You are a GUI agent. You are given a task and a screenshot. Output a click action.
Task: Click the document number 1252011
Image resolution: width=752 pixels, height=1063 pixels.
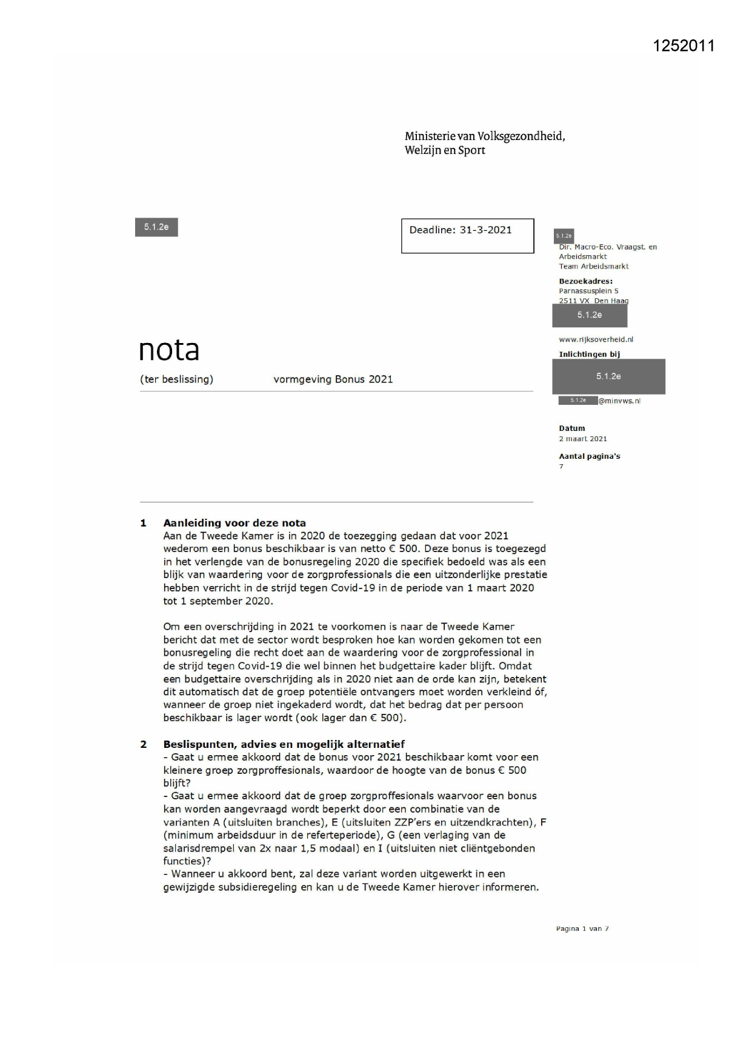point(684,46)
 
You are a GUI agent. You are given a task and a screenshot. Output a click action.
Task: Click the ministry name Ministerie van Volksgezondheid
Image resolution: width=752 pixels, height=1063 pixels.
point(485,136)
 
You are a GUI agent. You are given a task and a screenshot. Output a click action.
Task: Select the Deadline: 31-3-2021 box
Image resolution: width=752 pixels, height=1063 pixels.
point(467,236)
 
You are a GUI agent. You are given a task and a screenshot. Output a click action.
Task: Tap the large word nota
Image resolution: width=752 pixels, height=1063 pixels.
point(169,350)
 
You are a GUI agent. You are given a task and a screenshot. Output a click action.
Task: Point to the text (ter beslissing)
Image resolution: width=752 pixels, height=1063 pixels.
point(176,379)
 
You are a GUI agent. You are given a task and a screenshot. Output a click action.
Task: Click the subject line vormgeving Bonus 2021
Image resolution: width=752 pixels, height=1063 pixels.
point(333,379)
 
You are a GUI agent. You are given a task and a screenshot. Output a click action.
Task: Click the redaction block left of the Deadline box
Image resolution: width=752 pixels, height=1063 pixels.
point(156,227)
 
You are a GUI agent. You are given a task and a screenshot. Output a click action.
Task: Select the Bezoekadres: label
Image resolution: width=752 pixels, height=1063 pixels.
point(585,281)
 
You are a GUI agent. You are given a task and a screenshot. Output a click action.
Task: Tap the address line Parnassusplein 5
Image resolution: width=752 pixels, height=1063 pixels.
point(588,291)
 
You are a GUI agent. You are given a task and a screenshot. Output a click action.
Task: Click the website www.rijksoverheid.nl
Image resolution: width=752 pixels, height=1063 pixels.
point(596,339)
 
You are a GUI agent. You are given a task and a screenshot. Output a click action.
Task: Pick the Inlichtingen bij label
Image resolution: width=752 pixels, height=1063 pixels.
point(589,355)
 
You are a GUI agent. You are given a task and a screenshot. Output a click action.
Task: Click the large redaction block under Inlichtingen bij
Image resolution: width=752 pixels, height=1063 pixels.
point(608,376)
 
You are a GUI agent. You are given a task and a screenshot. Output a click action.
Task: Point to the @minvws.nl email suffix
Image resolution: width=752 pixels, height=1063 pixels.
point(619,401)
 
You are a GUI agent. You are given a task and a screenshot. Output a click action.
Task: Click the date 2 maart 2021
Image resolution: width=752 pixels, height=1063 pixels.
point(582,439)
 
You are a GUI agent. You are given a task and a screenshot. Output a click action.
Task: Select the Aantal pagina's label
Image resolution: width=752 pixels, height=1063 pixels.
point(589,456)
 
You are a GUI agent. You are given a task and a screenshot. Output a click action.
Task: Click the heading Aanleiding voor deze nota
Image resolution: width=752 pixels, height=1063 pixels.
point(235,523)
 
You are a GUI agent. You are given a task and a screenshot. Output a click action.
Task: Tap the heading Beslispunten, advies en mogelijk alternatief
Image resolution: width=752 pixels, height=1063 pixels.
point(284,744)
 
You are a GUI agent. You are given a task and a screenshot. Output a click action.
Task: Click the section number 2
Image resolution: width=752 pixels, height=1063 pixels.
point(144,744)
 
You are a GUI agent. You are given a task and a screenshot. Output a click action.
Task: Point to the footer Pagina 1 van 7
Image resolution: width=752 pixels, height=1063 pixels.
point(582,928)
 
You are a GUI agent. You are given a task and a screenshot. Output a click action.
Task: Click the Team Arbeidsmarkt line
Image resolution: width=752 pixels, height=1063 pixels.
point(593,266)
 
